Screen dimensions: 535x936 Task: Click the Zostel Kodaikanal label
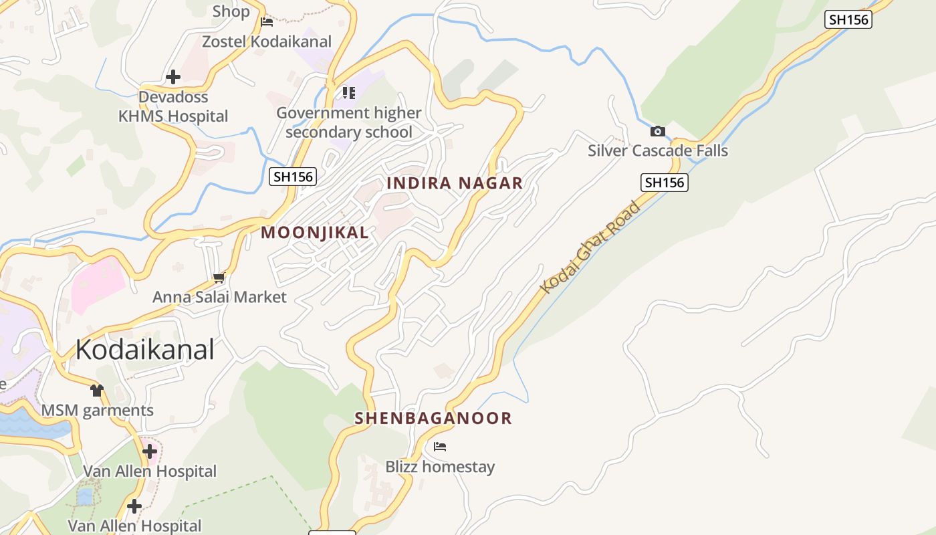pyautogui.click(x=267, y=41)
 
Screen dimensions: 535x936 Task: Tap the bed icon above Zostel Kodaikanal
pyautogui.click(x=267, y=22)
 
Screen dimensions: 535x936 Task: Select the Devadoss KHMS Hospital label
pyautogui.click(x=173, y=106)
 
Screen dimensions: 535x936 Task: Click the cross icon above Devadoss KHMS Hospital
pyautogui.click(x=173, y=77)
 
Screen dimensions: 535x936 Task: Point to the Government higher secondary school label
pyautogui.click(x=349, y=122)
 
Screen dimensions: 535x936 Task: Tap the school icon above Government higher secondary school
pyautogui.click(x=349, y=92)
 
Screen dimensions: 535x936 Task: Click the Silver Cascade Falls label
pyautogui.click(x=658, y=150)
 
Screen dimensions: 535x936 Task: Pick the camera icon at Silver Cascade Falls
pyautogui.click(x=658, y=131)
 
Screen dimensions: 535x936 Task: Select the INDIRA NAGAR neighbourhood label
pyautogui.click(x=455, y=183)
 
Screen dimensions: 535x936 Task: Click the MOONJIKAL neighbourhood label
pyautogui.click(x=314, y=233)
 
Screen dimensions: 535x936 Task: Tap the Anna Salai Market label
pyautogui.click(x=219, y=297)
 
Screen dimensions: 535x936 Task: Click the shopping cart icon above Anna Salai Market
pyautogui.click(x=219, y=278)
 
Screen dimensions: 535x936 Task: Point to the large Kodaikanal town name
pyautogui.click(x=144, y=350)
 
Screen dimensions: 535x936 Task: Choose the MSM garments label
pyautogui.click(x=98, y=410)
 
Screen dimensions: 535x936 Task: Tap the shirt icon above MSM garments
pyautogui.click(x=98, y=390)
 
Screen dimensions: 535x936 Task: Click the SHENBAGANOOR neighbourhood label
pyautogui.click(x=433, y=419)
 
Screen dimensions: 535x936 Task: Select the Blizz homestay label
pyautogui.click(x=440, y=467)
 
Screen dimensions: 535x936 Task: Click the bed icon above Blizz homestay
pyautogui.click(x=440, y=447)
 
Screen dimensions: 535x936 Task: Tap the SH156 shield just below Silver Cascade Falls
pyautogui.click(x=665, y=182)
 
